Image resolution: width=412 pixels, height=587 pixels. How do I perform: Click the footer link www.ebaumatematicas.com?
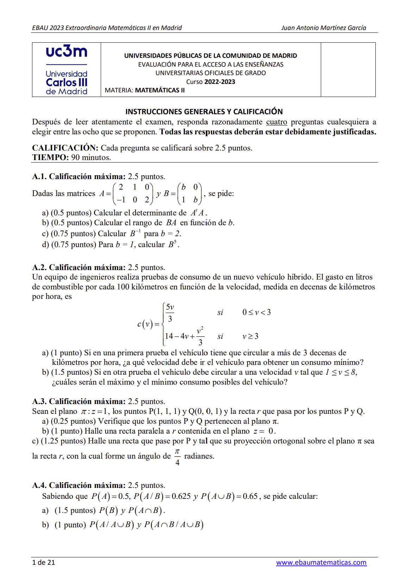[x=321, y=562]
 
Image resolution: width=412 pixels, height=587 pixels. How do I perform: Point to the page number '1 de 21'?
[x=43, y=562]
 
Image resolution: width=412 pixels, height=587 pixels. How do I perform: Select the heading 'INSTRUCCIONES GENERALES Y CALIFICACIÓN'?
[x=204, y=111]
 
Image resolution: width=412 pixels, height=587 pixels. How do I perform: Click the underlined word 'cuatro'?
[x=276, y=122]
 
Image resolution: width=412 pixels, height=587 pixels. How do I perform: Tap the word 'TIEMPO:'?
[x=50, y=158]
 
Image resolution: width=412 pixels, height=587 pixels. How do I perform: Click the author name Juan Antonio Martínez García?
[x=323, y=28]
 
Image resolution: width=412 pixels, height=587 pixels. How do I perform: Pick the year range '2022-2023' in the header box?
[x=220, y=82]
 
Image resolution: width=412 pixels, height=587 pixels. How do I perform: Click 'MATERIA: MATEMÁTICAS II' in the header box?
[x=145, y=90]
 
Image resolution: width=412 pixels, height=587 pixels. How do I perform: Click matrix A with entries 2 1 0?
[x=133, y=193]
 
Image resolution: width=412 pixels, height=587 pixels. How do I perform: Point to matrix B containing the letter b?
[x=189, y=193]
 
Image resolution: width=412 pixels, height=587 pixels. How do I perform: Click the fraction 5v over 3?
[x=170, y=313]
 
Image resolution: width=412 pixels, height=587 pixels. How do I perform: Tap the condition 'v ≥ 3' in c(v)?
[x=250, y=336]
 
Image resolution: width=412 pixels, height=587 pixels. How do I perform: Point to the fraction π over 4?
[x=177, y=457]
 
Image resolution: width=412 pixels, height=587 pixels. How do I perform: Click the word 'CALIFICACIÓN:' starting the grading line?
[x=65, y=148]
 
